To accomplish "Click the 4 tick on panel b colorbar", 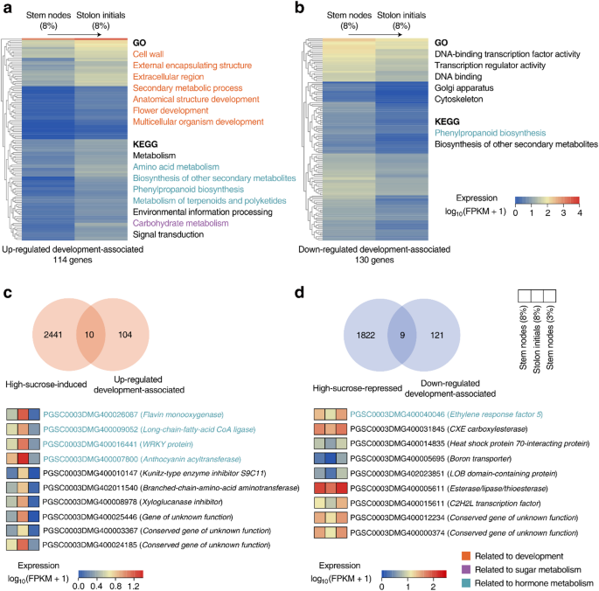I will (x=578, y=212).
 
